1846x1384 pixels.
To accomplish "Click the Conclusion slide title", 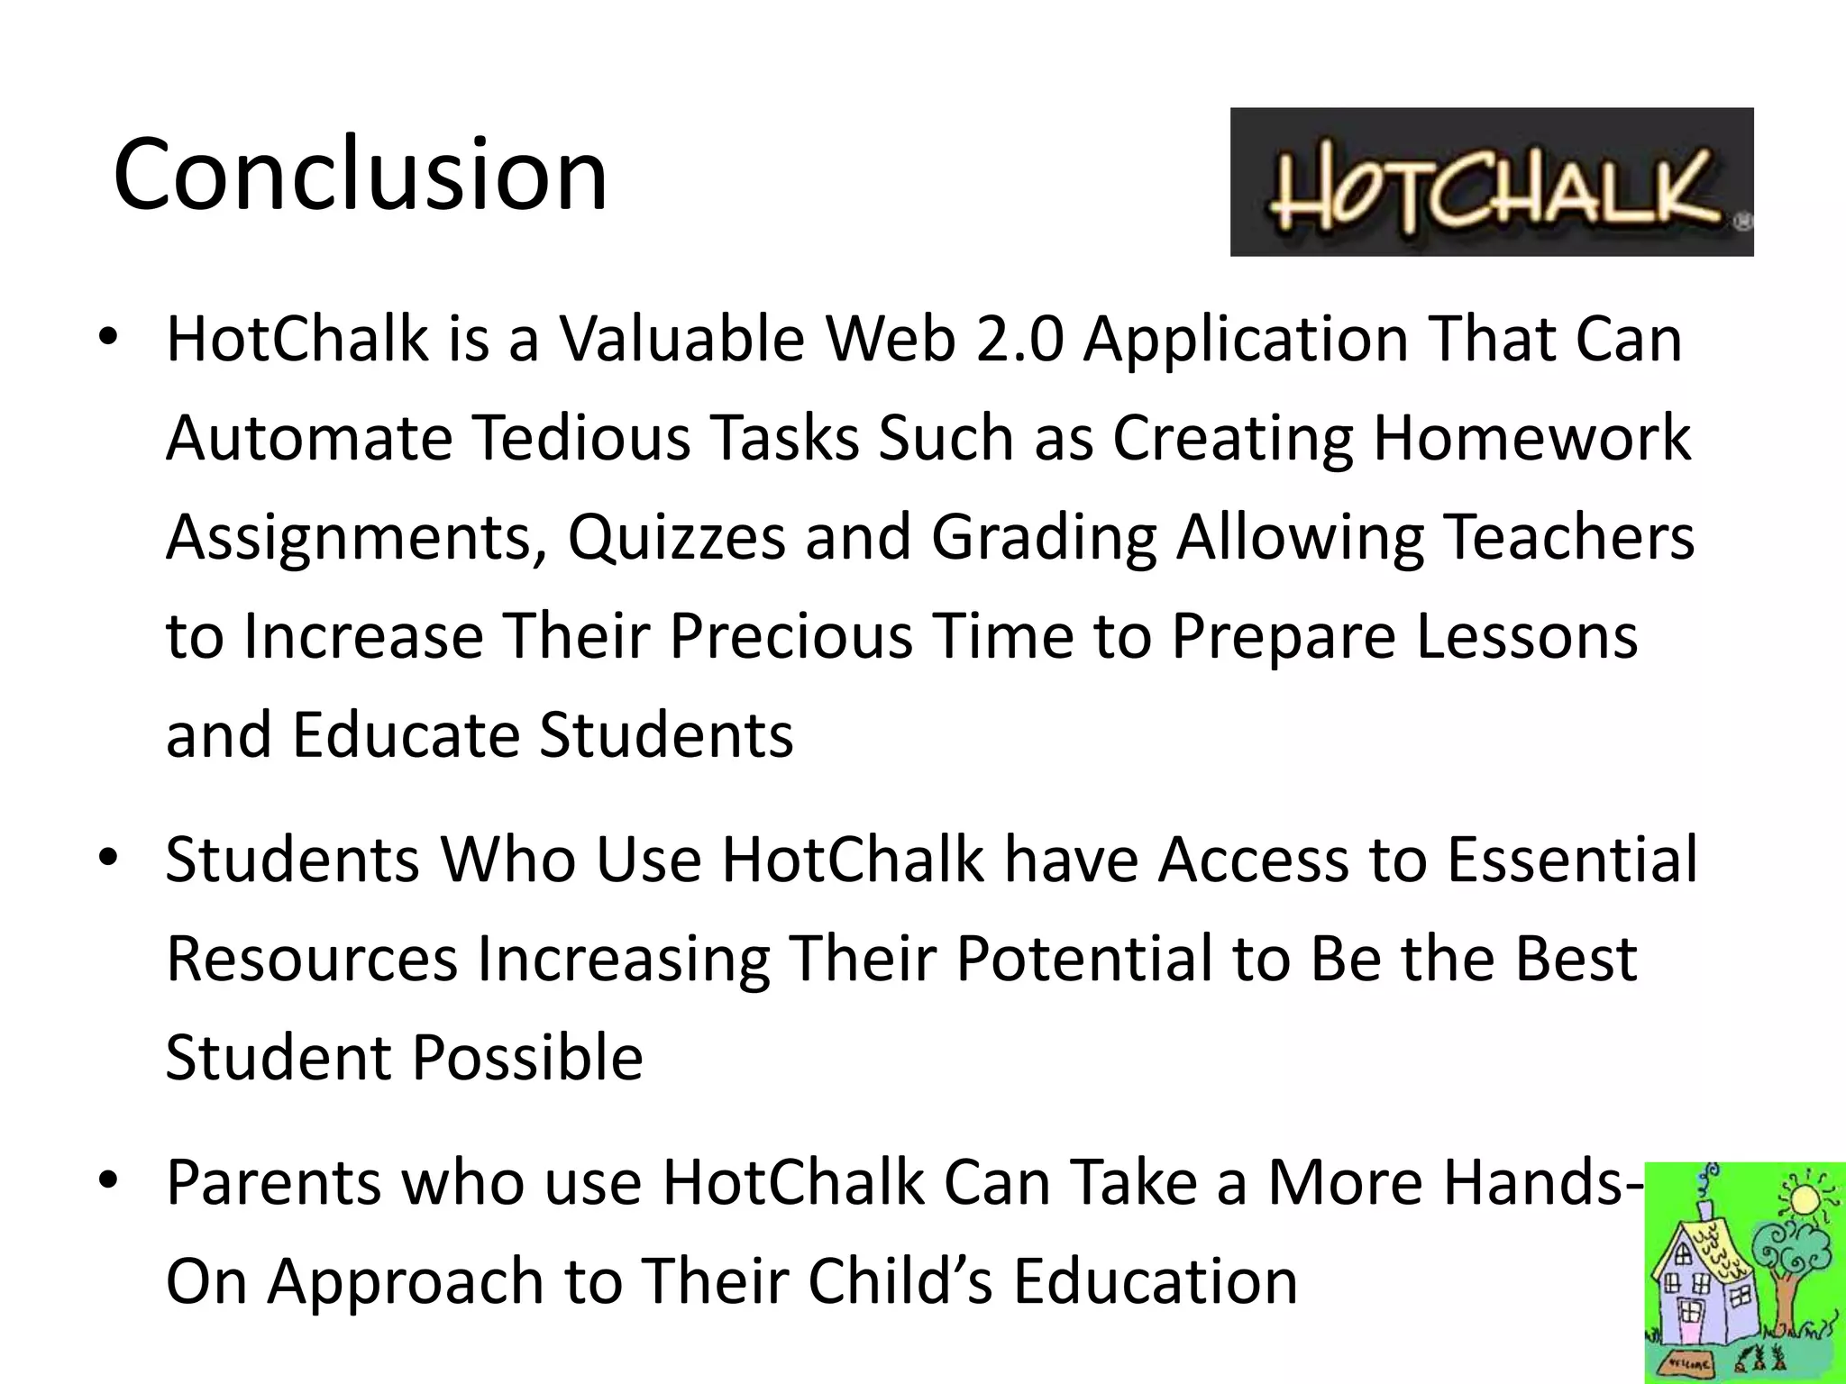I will (x=361, y=173).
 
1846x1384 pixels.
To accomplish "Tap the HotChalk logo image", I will (x=1491, y=182).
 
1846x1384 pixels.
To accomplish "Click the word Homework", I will (x=1531, y=438).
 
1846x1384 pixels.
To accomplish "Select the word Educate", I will (x=407, y=735).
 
